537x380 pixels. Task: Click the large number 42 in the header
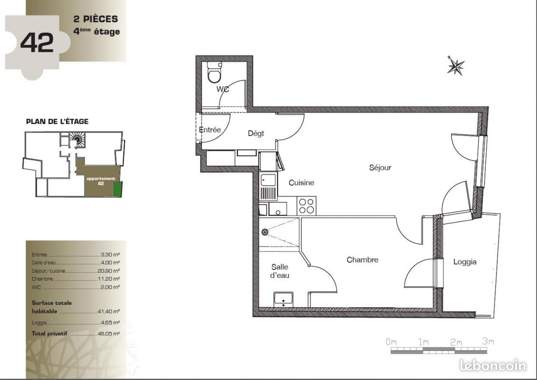point(37,43)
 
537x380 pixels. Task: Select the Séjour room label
point(380,167)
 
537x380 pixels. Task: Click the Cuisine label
point(301,182)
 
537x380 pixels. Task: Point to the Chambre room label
point(362,260)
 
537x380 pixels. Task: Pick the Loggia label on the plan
point(464,262)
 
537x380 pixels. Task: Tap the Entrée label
point(210,130)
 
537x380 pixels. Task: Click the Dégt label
point(256,133)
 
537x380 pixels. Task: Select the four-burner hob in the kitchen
point(306,206)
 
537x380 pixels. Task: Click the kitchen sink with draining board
point(268,187)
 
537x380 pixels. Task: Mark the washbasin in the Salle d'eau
point(283,299)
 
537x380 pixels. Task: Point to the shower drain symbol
point(265,232)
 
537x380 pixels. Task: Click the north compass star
point(455,66)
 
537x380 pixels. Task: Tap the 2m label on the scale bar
point(455,342)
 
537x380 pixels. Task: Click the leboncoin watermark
point(493,365)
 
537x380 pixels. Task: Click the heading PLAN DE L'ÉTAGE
point(57,122)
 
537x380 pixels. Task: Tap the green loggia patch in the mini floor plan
point(117,189)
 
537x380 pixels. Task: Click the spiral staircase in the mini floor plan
point(77,139)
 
